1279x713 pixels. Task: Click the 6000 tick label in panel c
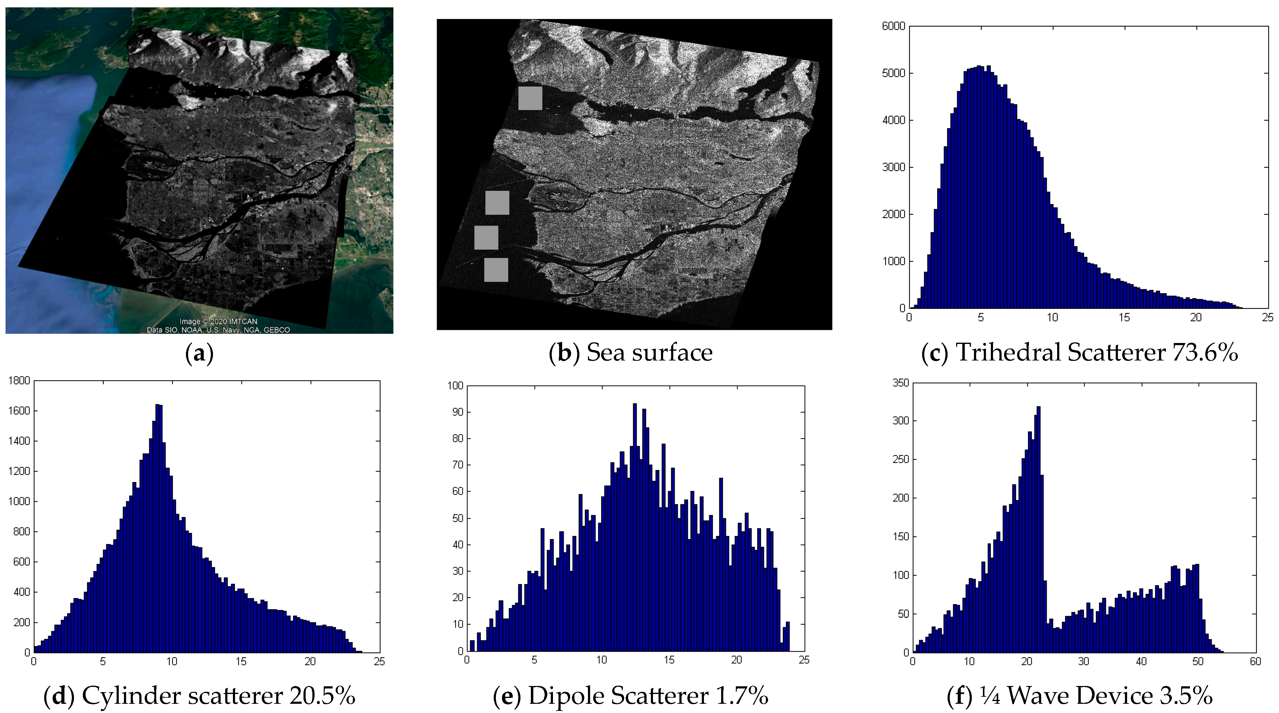[x=893, y=26]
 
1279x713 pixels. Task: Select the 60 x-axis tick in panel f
[x=1255, y=662]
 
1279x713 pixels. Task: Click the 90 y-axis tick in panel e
[x=456, y=412]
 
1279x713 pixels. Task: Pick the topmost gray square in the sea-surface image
[x=530, y=98]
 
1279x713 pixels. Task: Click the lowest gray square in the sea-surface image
[x=496, y=270]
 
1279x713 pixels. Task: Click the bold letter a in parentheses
[x=199, y=353]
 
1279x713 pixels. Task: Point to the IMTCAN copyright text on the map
[x=218, y=321]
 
